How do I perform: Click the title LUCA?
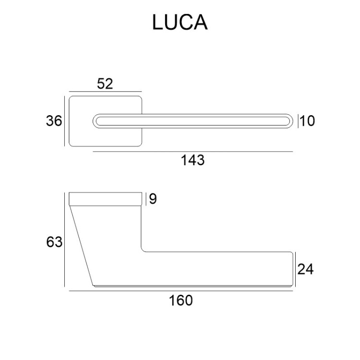pos(180,23)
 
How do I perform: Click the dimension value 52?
pos(105,84)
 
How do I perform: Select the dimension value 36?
pos(54,121)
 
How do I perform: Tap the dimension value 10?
pos(308,121)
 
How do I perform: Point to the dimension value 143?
pos(192,160)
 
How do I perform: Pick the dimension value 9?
pos(153,199)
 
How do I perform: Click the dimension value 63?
pos(54,242)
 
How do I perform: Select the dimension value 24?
pos(305,269)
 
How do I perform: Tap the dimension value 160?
pos(181,300)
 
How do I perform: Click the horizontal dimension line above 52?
pos(105,91)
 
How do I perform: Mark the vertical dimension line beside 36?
pos(64,121)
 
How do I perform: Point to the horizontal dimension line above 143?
pos(192,152)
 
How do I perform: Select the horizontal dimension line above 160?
pos(181,291)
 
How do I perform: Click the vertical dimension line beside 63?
pos(64,240)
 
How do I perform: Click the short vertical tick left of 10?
pos(299,121)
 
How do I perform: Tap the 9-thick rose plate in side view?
pos(106,199)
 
